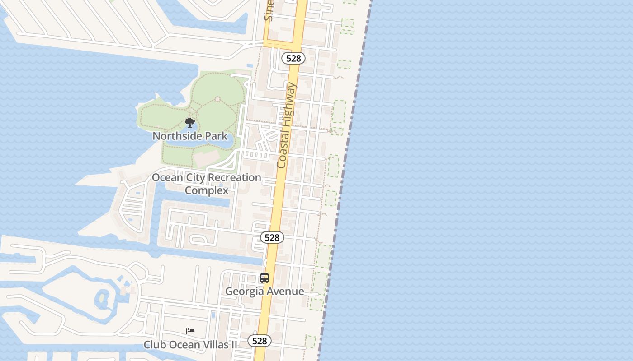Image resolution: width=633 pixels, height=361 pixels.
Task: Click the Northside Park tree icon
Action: [x=190, y=123]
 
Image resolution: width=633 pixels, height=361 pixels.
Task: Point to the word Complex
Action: [x=207, y=190]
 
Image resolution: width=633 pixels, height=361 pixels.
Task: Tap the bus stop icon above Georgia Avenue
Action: [x=265, y=278]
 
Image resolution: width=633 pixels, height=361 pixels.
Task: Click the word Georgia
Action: [x=245, y=292]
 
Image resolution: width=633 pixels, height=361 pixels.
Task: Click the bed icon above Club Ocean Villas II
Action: [x=190, y=331]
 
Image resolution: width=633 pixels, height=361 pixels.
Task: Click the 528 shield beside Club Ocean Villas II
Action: [x=260, y=341]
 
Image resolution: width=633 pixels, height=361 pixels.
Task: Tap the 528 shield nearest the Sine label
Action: [x=293, y=58]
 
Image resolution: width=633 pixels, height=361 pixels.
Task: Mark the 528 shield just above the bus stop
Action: [x=272, y=237]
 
